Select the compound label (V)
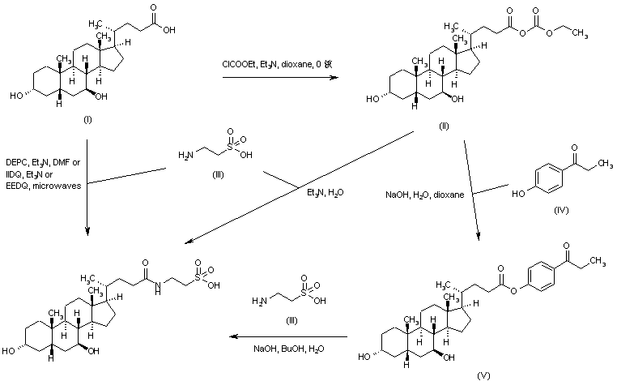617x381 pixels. click(483, 374)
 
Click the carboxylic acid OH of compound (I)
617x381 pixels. click(168, 25)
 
